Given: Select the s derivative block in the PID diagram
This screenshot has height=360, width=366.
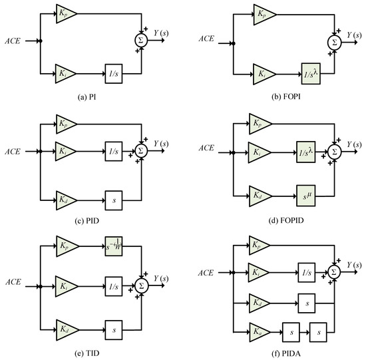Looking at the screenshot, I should [113, 198].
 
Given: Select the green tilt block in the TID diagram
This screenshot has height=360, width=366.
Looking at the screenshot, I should [114, 244].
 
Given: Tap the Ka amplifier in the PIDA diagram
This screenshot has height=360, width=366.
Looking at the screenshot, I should [259, 329].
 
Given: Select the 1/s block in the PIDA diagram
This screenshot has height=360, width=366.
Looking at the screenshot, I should [307, 271].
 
